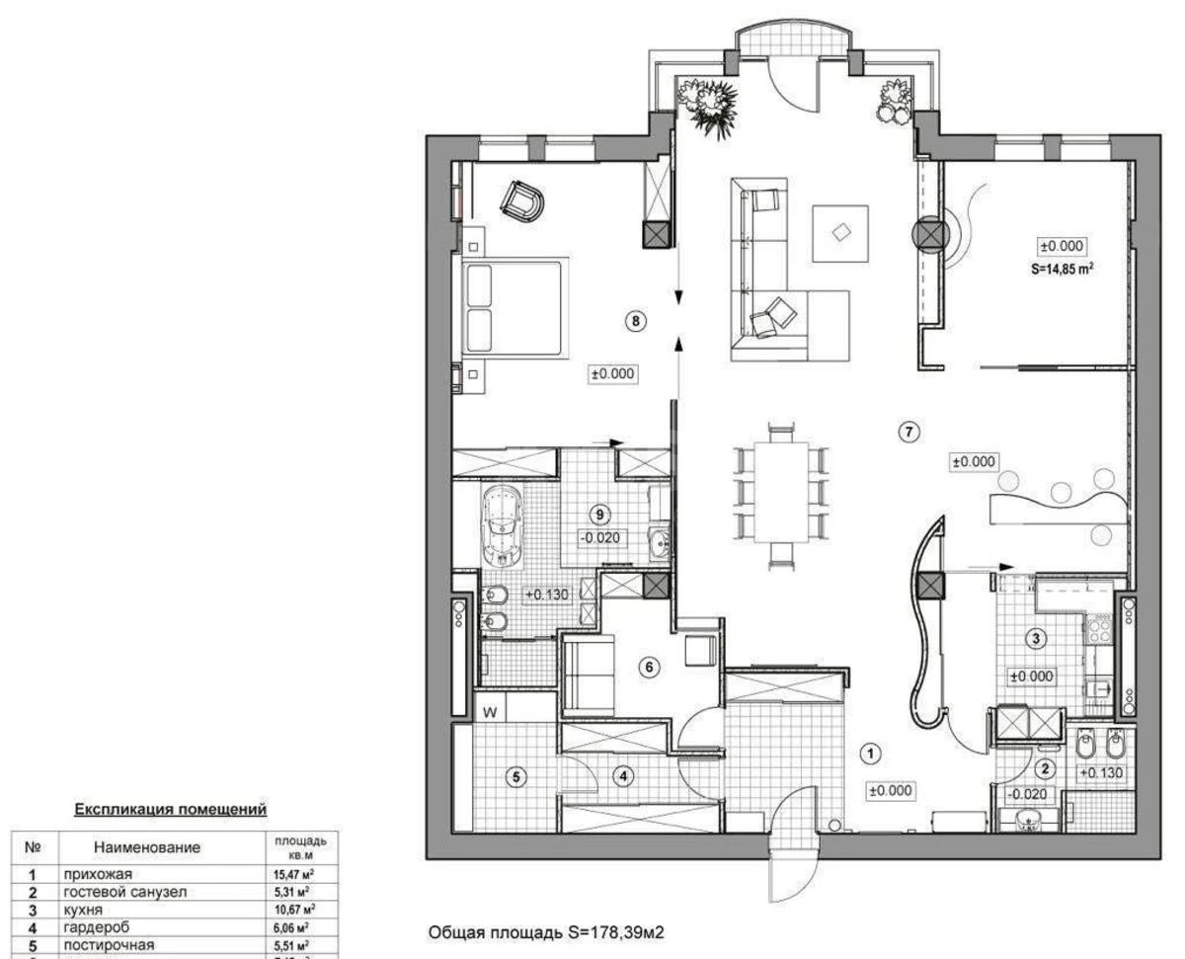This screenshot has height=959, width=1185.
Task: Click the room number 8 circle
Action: [x=637, y=321]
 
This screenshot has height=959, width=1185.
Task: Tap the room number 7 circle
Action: [x=909, y=430]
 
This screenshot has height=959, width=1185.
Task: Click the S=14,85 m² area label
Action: [x=1063, y=267]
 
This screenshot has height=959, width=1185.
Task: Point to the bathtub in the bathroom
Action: [x=505, y=524]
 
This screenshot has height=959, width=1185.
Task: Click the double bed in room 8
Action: [x=513, y=309]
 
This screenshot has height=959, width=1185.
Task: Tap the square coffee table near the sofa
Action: [x=840, y=233]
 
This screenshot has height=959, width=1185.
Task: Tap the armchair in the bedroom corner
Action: [x=522, y=202]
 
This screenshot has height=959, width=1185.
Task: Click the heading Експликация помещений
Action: [x=171, y=809]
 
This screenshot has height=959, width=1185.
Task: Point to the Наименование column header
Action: [x=147, y=847]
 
